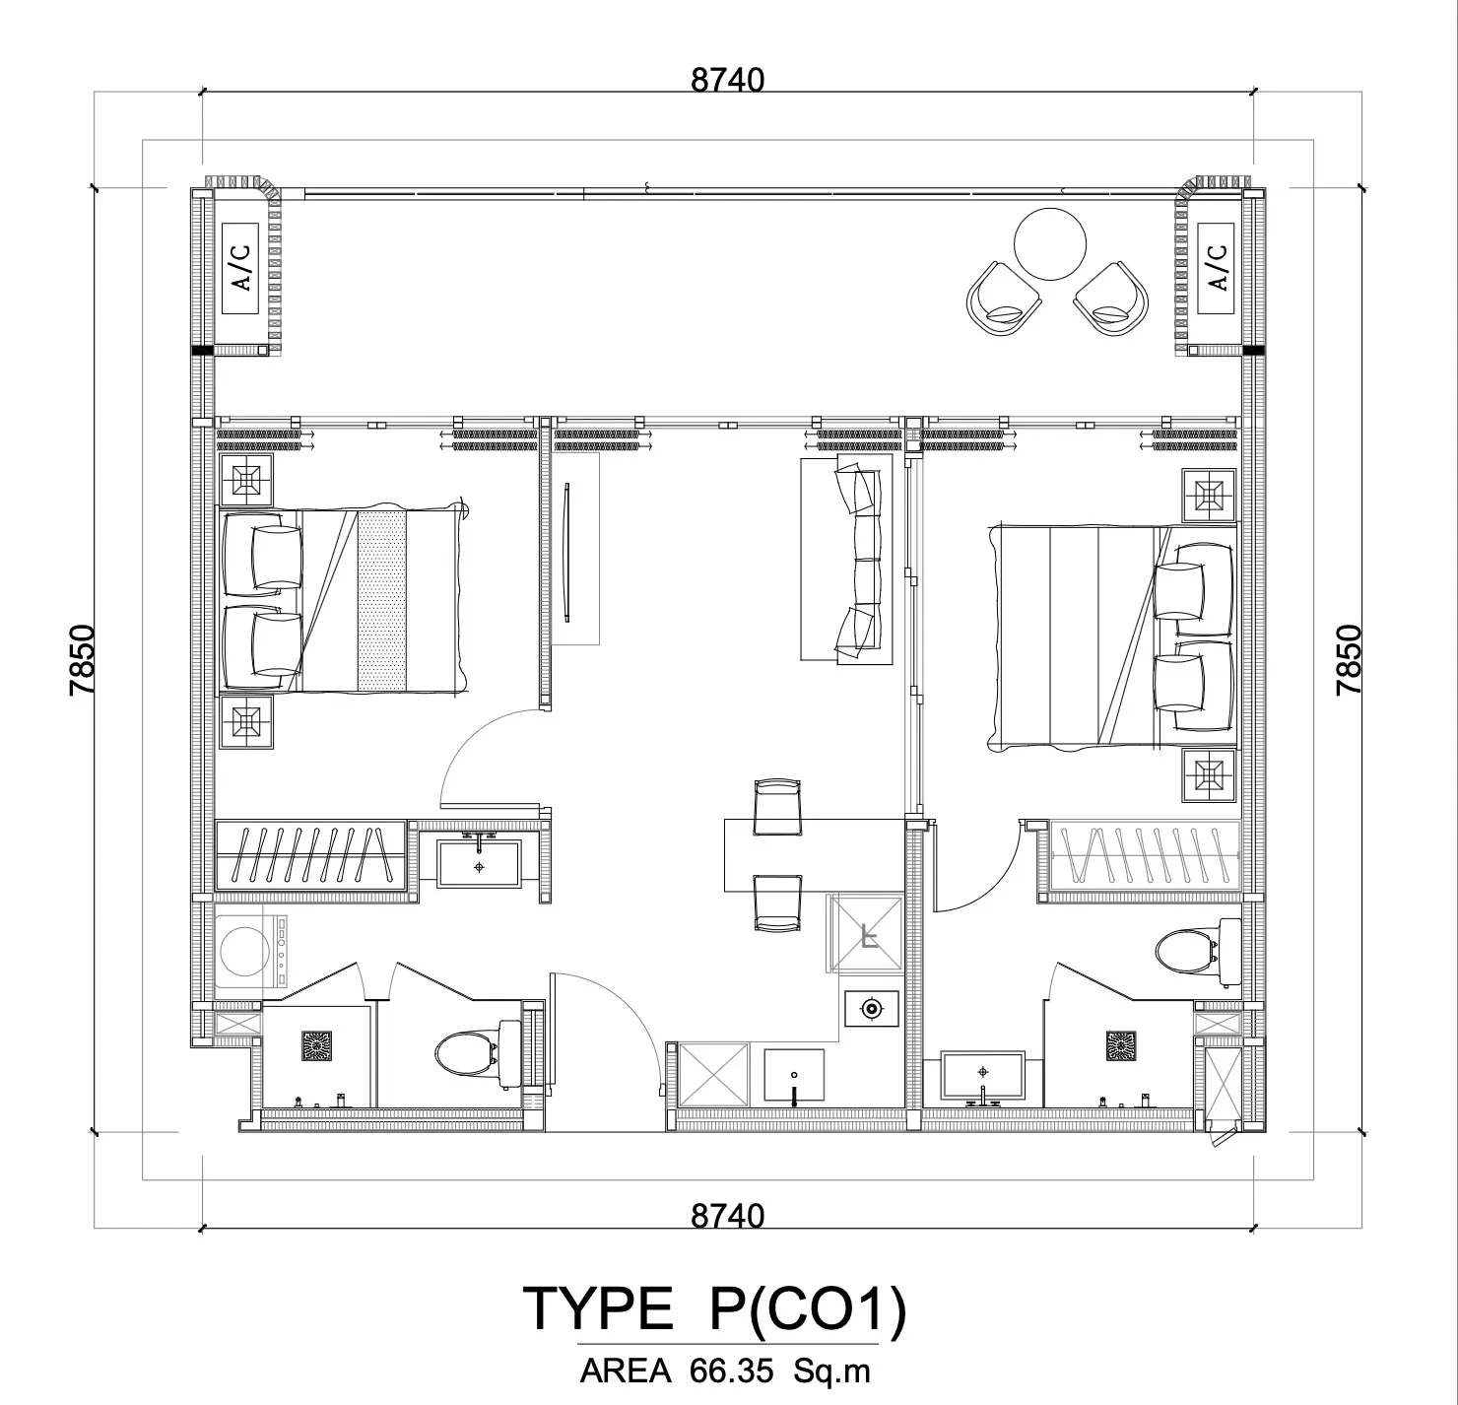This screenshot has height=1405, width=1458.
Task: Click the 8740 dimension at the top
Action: [727, 80]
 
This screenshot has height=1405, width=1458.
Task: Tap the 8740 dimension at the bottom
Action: [727, 1216]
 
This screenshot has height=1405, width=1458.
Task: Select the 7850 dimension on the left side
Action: [83, 660]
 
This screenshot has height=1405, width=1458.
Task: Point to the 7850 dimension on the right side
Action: [1349, 660]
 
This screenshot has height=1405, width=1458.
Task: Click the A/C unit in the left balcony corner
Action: [240, 268]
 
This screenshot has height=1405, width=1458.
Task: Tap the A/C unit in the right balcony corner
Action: [1216, 268]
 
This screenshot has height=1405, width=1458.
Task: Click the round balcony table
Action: [1050, 244]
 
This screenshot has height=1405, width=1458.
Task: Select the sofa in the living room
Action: [846, 557]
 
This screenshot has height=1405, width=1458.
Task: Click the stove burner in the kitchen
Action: [871, 1009]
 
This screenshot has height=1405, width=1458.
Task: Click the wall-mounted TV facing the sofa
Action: [567, 551]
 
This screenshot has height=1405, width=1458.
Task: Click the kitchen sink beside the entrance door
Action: [794, 1075]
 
